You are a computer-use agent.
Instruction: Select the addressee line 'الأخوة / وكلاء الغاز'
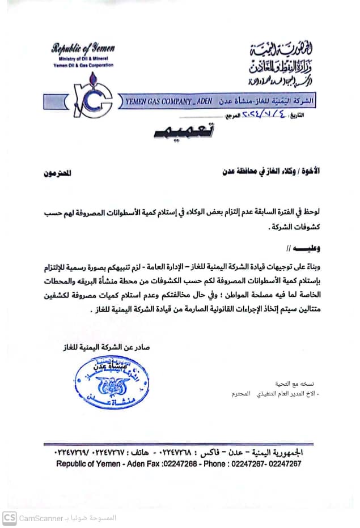tap(272, 171)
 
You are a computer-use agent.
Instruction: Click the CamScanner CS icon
tap(10, 517)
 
